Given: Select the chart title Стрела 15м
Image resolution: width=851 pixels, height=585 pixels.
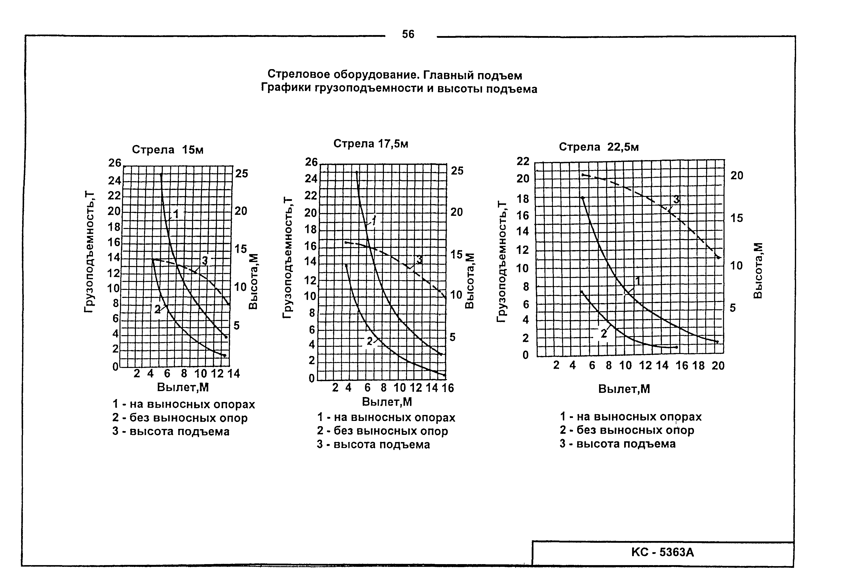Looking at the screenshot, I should [x=167, y=150].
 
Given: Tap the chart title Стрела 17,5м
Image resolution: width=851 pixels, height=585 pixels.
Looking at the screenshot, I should [x=370, y=144].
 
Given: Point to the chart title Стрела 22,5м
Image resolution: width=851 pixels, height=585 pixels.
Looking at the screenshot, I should [x=599, y=147].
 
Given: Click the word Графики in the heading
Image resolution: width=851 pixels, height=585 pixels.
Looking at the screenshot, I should [x=285, y=88].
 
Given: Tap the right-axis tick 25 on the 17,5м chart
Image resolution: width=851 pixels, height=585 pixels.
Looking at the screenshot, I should [x=457, y=171].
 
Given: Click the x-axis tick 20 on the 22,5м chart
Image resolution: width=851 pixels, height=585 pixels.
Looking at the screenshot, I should [x=718, y=365].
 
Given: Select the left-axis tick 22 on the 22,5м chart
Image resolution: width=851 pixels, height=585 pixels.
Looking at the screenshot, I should [x=523, y=161].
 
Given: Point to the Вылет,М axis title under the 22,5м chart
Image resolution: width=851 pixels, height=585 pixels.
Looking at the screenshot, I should [x=624, y=389].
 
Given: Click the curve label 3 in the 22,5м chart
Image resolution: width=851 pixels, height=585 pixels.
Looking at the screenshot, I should [x=677, y=200].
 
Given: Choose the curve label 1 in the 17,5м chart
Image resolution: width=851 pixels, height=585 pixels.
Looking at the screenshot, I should [x=374, y=220].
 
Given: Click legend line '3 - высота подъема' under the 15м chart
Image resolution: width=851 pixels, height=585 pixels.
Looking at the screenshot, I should [x=171, y=431].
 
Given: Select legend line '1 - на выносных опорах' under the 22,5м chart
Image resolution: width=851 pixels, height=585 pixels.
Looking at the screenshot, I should [x=630, y=417].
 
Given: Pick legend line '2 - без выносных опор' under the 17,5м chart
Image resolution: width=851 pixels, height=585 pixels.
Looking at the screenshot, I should [x=382, y=431].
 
